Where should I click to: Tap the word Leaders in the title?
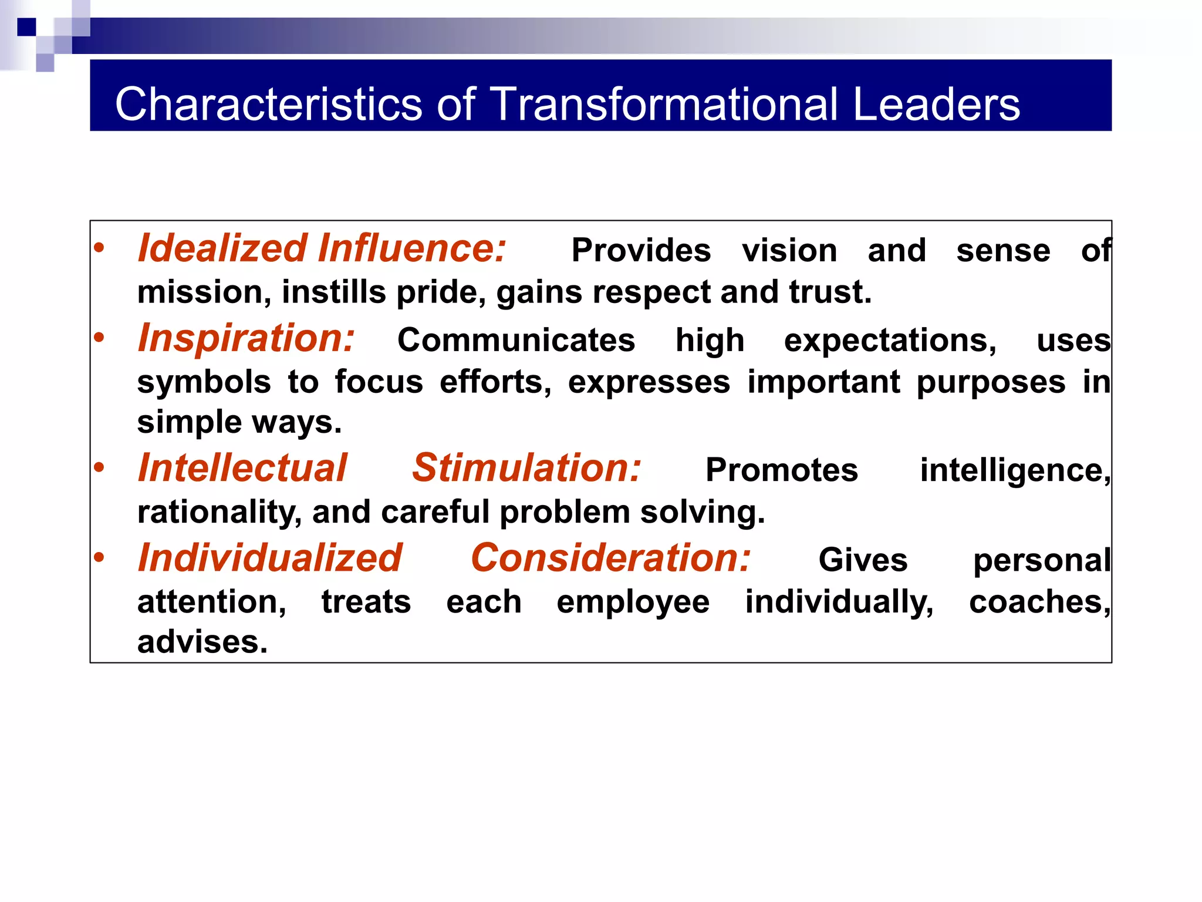tap(937, 104)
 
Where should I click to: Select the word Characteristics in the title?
tap(268, 104)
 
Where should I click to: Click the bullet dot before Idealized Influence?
tap(99, 248)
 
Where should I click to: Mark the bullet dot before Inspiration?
tap(99, 338)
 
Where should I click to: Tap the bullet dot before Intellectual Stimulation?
tap(99, 468)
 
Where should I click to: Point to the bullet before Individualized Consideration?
tap(99, 557)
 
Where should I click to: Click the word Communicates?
tap(516, 340)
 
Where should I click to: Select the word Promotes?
tap(781, 470)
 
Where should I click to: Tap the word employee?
tap(633, 603)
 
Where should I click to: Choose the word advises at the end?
tap(202, 642)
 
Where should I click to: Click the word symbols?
tap(204, 382)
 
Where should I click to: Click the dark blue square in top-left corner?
tap(26, 27)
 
